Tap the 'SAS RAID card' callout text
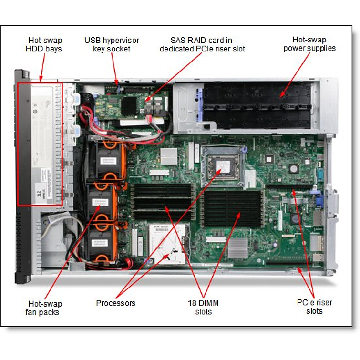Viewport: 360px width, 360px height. click(202, 44)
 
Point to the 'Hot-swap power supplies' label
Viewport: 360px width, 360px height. click(309, 44)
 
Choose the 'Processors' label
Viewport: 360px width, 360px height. click(115, 303)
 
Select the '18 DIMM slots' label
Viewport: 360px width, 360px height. click(203, 307)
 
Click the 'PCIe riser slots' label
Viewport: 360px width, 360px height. click(314, 307)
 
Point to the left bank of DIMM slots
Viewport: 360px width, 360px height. click(162, 200)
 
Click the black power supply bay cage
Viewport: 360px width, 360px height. click(257, 103)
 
